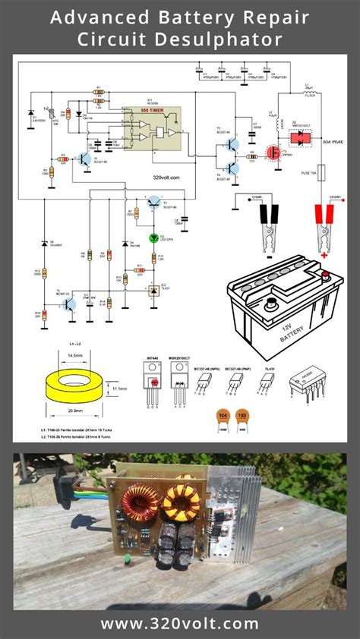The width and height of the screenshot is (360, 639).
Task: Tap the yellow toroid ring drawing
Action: coord(74,388)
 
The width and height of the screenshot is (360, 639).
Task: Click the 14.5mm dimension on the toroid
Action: coord(75,356)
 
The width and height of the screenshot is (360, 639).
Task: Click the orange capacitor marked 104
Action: coord(223,416)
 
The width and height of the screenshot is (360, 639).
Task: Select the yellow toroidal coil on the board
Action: coord(182,500)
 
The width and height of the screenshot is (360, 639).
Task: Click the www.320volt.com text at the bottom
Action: coord(180,624)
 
